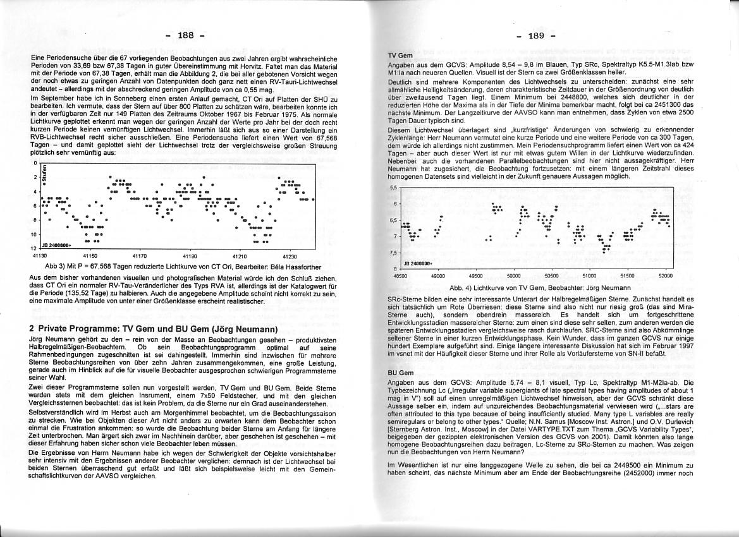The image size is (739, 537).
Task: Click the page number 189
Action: pyautogui.click(x=537, y=35)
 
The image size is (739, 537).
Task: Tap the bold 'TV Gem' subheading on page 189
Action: pyautogui.click(x=400, y=56)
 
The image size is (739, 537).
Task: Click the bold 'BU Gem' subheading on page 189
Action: pyautogui.click(x=400, y=373)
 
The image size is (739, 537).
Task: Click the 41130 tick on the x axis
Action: pyautogui.click(x=39, y=256)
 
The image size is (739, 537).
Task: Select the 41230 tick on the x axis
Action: pyautogui.click(x=290, y=256)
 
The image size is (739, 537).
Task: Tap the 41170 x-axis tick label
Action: pyautogui.click(x=139, y=256)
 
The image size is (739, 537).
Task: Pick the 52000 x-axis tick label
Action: pyautogui.click(x=665, y=276)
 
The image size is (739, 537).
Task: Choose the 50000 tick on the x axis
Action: pyautogui.click(x=513, y=276)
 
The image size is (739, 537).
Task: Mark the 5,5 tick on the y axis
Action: pyautogui.click(x=394, y=188)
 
